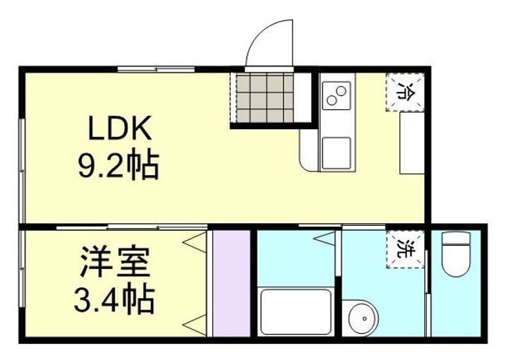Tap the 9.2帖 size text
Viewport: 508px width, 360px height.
[x=119, y=167]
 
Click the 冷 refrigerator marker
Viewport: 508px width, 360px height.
[x=406, y=92]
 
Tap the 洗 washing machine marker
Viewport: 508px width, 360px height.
[x=406, y=249]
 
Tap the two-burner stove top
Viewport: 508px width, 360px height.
[x=337, y=95]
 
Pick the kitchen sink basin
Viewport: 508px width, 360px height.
[x=337, y=152]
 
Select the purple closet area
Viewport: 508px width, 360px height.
[x=231, y=282]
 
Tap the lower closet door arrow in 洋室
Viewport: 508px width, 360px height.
[x=191, y=325]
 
